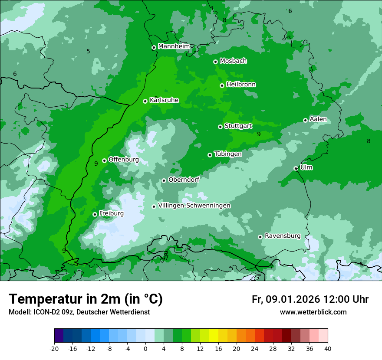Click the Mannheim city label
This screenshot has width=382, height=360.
point(174,46)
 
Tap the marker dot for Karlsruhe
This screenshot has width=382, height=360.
point(145,101)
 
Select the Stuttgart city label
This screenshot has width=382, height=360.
point(238,126)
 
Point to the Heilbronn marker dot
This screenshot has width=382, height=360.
point(222,85)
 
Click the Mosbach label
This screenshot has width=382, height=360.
point(233,61)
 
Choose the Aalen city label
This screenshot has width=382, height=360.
point(318,119)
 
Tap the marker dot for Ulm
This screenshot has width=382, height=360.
point(296,168)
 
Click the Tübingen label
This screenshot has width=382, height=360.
point(228,154)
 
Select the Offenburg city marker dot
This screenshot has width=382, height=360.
point(104,160)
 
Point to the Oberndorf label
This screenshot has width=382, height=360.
point(184,180)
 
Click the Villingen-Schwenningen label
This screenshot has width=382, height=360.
point(194,206)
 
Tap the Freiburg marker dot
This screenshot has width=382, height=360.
point(95,214)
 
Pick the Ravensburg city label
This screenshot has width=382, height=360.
point(283,236)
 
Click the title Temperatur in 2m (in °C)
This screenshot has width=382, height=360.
point(86,299)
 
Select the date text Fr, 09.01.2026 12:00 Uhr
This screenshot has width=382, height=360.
point(310,299)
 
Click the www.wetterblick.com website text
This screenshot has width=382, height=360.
point(313,312)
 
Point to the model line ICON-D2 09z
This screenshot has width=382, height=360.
point(79,312)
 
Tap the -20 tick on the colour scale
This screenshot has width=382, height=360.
point(54,349)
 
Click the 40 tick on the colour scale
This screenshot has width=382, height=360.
point(328,349)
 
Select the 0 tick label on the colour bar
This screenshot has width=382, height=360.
point(145,349)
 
